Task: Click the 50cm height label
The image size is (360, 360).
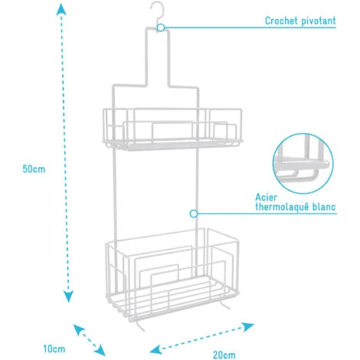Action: [x=34, y=169]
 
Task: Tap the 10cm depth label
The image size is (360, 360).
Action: [x=54, y=349]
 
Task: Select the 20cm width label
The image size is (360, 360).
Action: [x=224, y=355]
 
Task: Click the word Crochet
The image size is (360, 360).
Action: [x=281, y=21]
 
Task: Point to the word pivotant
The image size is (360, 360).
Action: [x=319, y=21]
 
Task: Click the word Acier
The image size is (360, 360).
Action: [x=266, y=197]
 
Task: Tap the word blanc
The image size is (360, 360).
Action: [x=324, y=207]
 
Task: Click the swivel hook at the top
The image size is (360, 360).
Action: [x=158, y=13]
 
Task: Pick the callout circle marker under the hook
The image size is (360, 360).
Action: [x=161, y=28]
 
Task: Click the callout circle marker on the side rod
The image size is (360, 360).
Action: [x=194, y=214]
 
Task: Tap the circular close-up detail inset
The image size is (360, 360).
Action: [x=303, y=163]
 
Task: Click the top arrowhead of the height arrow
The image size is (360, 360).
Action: [x=61, y=9]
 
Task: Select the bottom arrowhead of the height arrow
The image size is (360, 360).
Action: [x=68, y=296]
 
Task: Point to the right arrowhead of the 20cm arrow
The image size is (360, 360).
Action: [x=248, y=326]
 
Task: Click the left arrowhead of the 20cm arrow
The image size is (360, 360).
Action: [x=155, y=349]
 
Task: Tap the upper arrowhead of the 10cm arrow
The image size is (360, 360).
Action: [x=78, y=329]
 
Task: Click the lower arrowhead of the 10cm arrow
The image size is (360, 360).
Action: [x=100, y=350]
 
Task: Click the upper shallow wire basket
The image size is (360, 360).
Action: [x=172, y=129]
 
